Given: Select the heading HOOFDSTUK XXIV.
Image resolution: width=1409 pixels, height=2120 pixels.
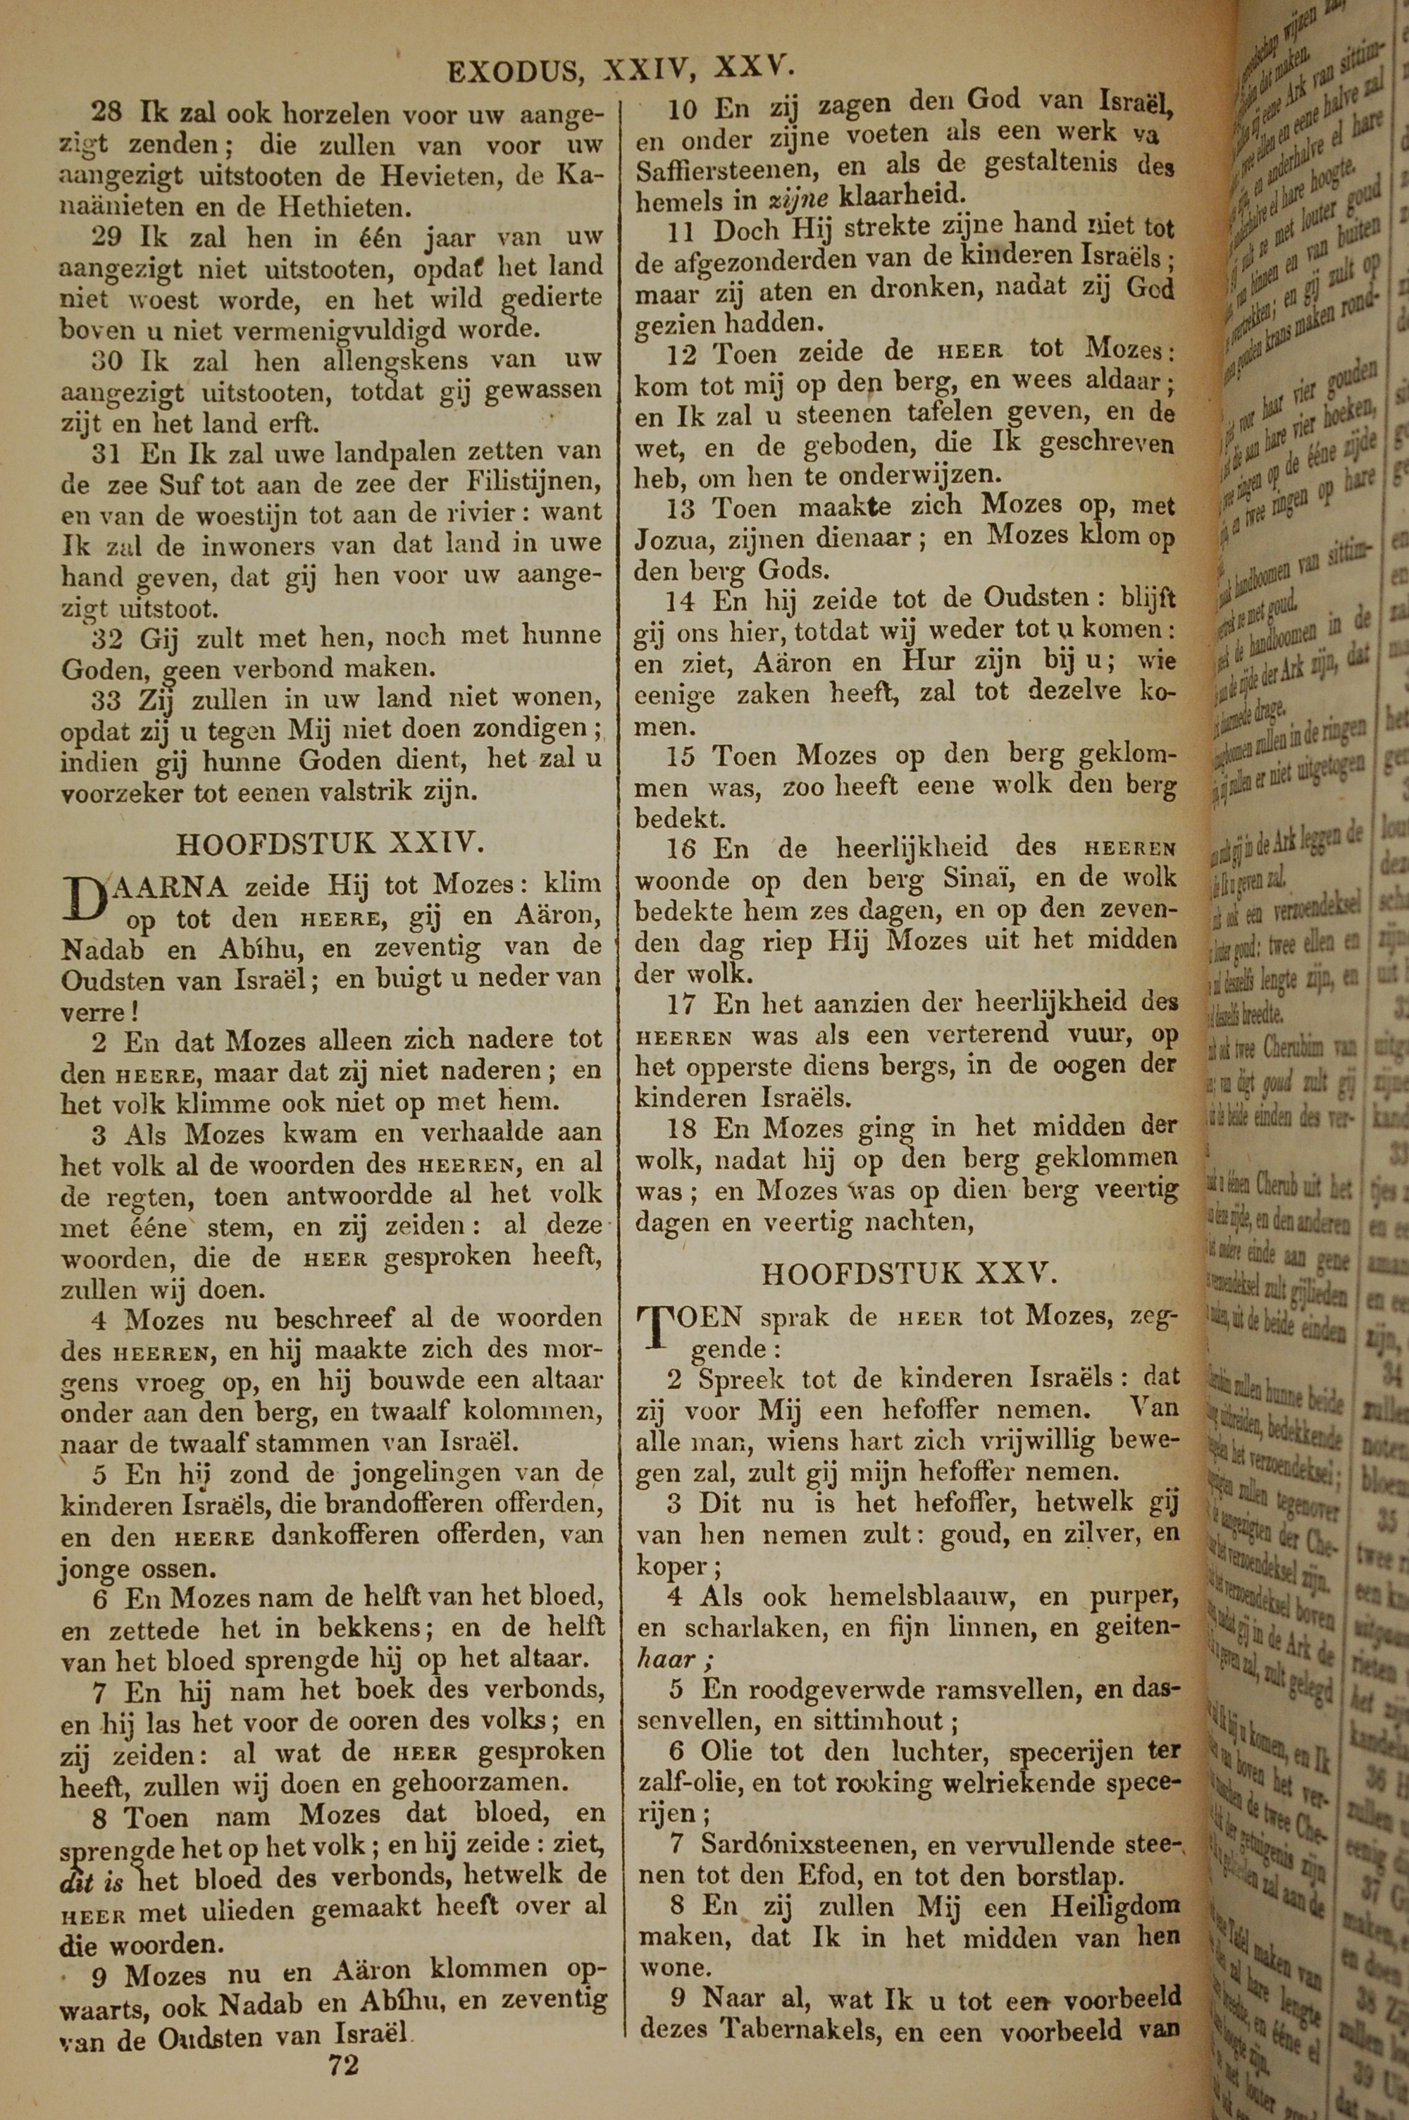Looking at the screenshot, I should coord(330,843).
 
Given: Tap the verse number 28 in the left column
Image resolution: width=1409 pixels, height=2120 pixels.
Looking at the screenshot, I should coord(107,113).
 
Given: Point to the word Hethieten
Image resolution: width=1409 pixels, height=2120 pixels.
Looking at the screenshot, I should coord(345,208).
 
